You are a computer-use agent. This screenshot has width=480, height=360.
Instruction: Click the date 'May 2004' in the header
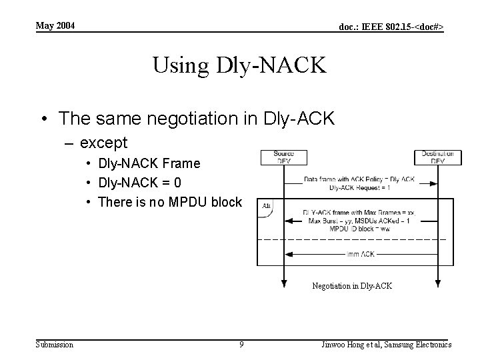click(x=55, y=26)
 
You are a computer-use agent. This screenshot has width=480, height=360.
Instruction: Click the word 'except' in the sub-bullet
click(x=103, y=143)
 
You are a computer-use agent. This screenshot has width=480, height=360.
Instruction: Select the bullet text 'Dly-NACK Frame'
click(x=149, y=163)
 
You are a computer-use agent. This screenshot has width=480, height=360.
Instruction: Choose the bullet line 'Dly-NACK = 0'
click(x=140, y=183)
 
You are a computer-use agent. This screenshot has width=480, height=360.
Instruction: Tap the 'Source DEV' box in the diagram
click(x=283, y=157)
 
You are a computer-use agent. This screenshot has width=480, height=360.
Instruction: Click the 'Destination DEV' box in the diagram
click(x=437, y=157)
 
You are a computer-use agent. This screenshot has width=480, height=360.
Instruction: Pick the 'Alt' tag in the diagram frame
click(x=266, y=205)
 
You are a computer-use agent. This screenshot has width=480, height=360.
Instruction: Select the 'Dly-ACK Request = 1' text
click(x=359, y=187)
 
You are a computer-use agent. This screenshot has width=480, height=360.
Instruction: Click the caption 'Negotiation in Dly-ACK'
click(x=352, y=286)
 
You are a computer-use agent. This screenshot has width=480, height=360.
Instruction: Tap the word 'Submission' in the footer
click(x=55, y=344)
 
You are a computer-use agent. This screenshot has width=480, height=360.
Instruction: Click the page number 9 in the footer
click(x=241, y=344)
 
